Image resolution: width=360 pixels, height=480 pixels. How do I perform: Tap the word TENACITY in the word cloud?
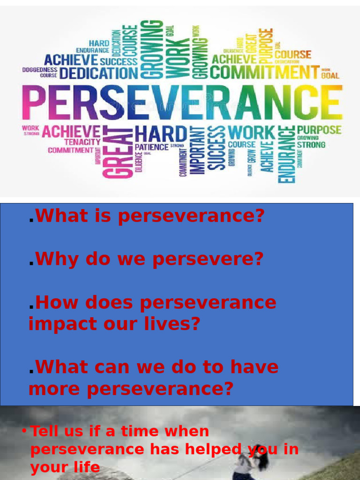click(x=82, y=142)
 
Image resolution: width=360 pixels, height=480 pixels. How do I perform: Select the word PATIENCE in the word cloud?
click(x=152, y=147)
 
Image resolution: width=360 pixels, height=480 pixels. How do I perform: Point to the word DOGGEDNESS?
click(x=40, y=69)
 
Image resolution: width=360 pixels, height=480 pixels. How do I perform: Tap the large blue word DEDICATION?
click(x=99, y=73)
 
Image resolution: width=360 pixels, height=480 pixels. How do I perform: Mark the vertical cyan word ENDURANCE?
click(x=287, y=155)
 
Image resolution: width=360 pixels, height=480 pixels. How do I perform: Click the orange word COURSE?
click(x=293, y=54)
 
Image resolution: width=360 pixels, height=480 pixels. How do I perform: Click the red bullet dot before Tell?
click(x=24, y=431)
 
